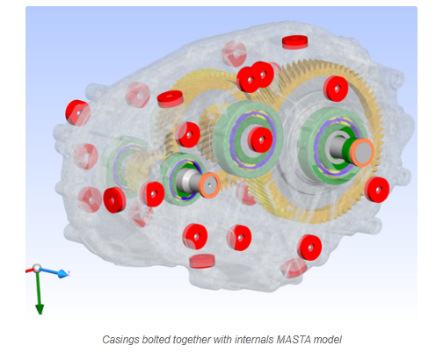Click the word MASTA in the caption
tap(294, 340)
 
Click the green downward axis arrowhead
tap(40, 309)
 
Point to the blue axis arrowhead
tap(62, 274)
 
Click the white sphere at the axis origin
tap(37, 268)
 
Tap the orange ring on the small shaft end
tap(209, 185)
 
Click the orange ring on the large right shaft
tap(362, 153)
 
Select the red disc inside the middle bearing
tap(260, 140)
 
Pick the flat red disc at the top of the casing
tap(295, 42)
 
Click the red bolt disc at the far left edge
tap(77, 112)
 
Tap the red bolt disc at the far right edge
tap(377, 190)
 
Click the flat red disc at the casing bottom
tap(202, 261)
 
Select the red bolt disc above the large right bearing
tap(336, 89)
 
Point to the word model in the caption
tap(328, 340)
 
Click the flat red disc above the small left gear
tap(171, 99)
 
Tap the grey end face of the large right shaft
tap(363, 153)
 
